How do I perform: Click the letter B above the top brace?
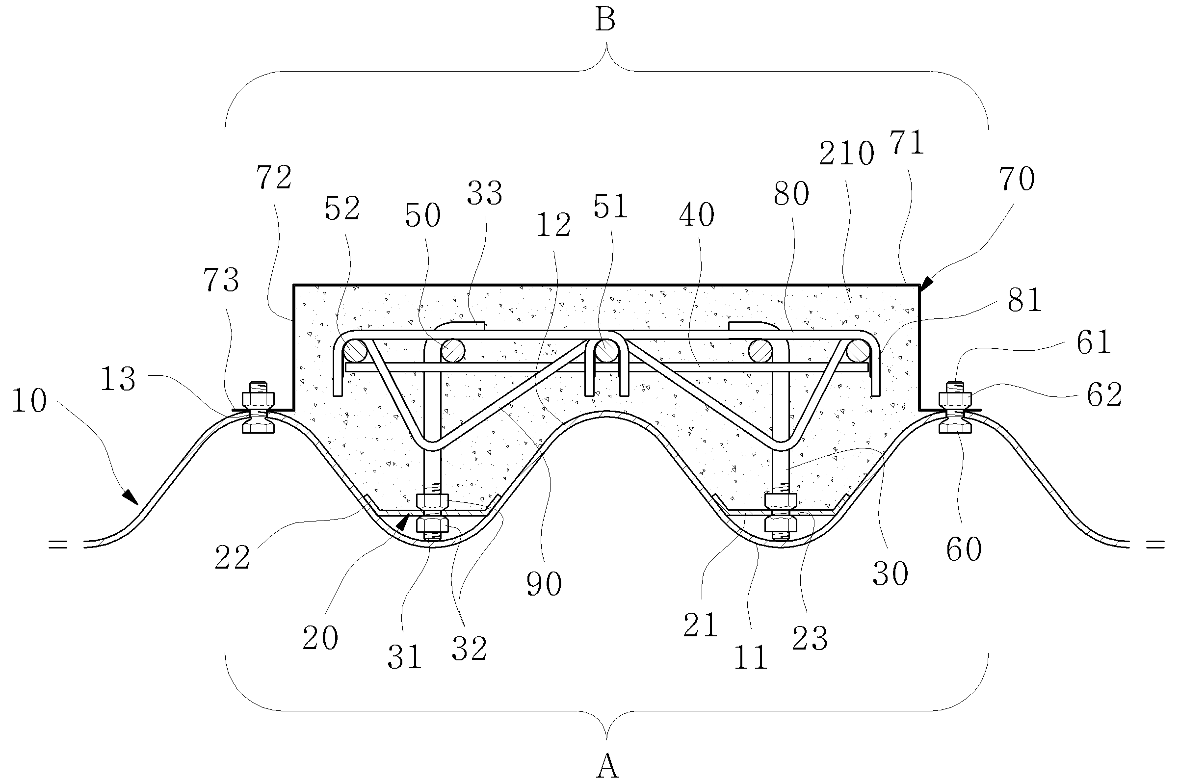605,21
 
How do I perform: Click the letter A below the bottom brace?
607,766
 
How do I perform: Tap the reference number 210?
847,154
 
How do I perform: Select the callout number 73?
221,280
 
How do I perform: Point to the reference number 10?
29,400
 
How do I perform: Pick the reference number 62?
1105,394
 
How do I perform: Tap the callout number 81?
1024,300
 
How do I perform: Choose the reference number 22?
233,558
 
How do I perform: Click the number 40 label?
697,215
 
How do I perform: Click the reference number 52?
342,209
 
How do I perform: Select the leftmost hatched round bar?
355,351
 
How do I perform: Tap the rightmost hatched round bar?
858,351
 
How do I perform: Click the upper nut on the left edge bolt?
258,399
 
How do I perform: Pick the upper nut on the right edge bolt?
955,399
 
